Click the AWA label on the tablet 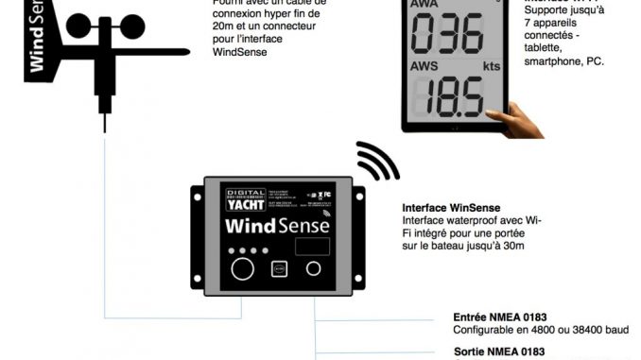425,5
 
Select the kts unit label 490,67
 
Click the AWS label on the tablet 425,67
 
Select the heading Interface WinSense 451,208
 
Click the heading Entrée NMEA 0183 500,317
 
